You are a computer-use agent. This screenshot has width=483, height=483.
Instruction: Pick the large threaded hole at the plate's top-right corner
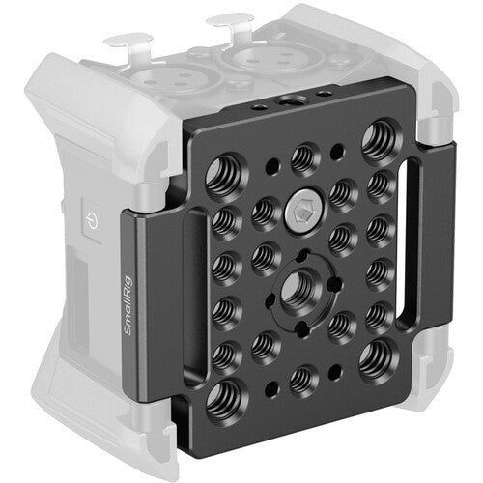click(x=375, y=144)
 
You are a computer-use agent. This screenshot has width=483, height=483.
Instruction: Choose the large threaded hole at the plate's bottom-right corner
click(x=372, y=360)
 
